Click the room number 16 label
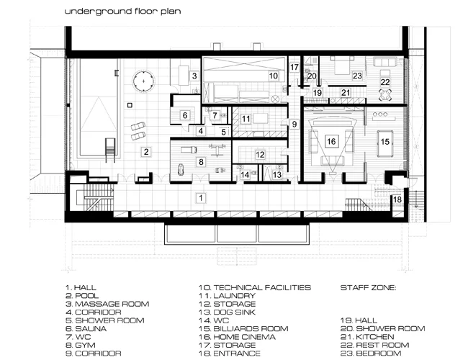pyautogui.click(x=331, y=141)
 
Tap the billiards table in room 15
pyautogui.click(x=385, y=143)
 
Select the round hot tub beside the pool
pyautogui.click(x=143, y=81)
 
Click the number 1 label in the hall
pyautogui.click(x=201, y=197)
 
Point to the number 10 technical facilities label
pyautogui.click(x=274, y=76)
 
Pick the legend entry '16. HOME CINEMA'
pyautogui.click(x=238, y=337)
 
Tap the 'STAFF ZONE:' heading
pyautogui.click(x=369, y=288)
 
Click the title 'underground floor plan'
pyautogui.click(x=122, y=12)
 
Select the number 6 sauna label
pyautogui.click(x=185, y=115)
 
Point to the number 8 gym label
pyautogui.click(x=201, y=162)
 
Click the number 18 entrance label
pyautogui.click(x=397, y=199)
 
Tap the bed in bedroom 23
pyautogui.click(x=342, y=66)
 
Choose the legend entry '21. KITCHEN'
pyautogui.click(x=367, y=337)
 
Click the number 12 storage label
pyautogui.click(x=260, y=154)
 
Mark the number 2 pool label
pyautogui.click(x=146, y=152)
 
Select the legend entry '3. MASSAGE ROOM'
pyautogui.click(x=107, y=304)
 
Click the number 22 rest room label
pyautogui.click(x=385, y=82)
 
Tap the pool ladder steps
pyautogui.click(x=110, y=150)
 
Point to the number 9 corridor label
pyautogui.click(x=294, y=124)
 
